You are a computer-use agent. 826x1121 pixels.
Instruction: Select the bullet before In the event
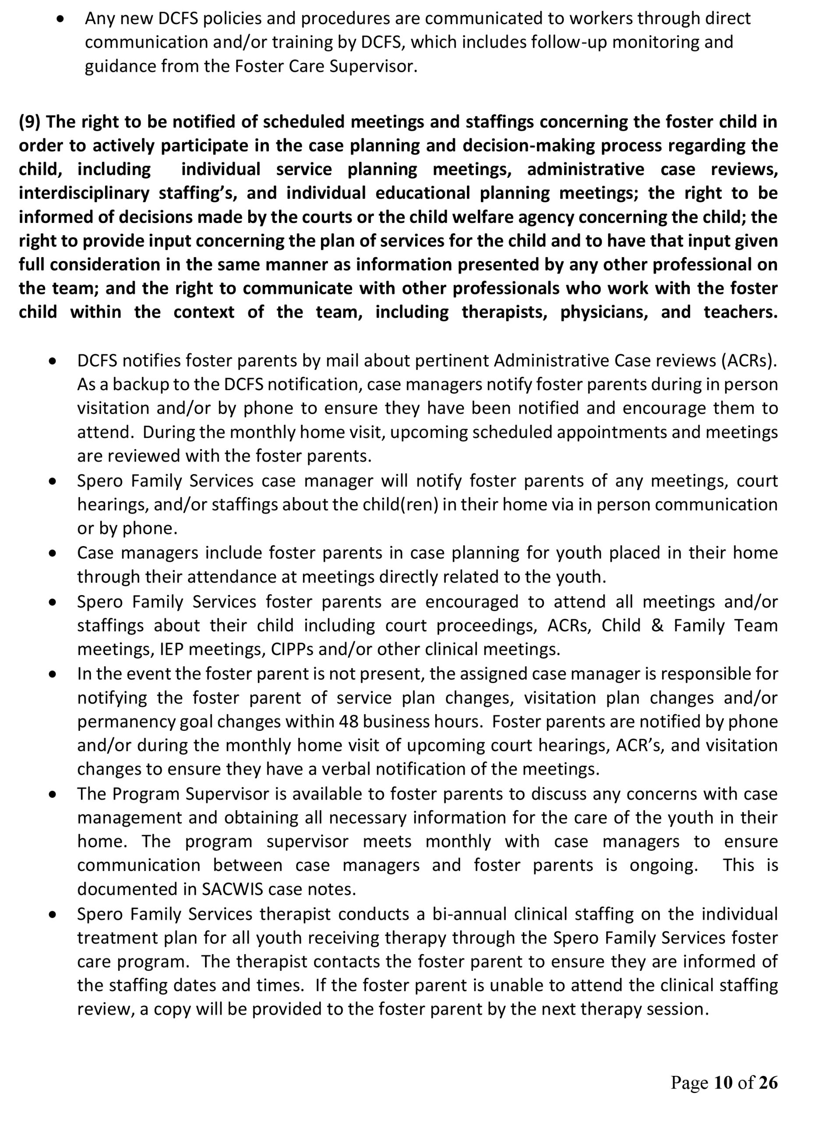(x=53, y=675)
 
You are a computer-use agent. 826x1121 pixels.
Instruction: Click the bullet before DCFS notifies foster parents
(x=53, y=361)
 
